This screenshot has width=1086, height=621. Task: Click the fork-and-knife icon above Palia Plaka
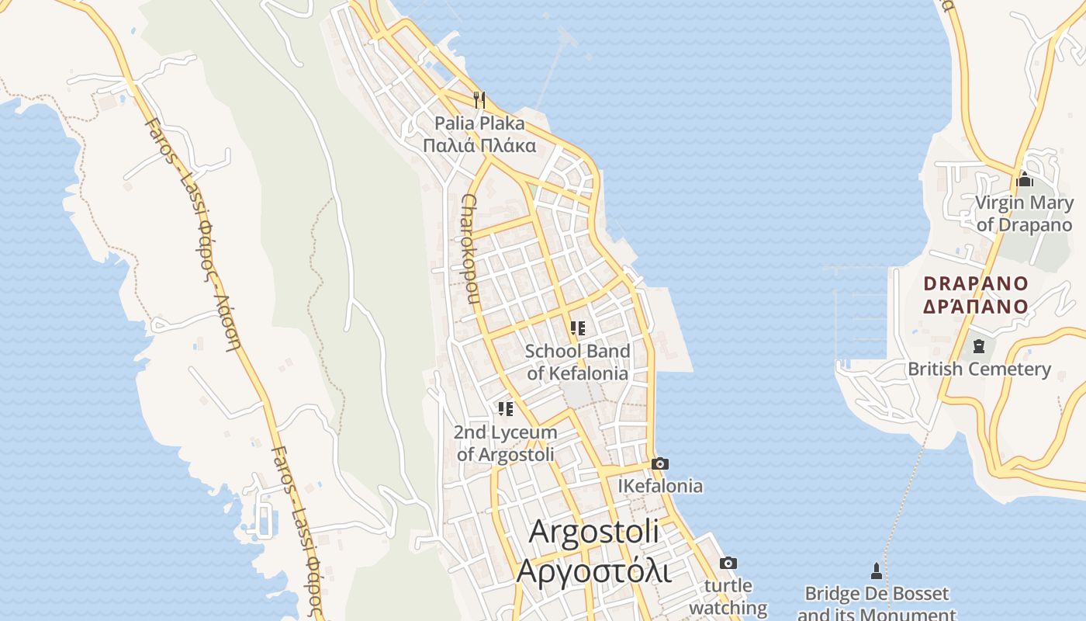click(x=479, y=99)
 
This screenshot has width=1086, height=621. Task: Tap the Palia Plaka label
click(x=479, y=123)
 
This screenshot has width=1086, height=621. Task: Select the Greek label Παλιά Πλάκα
click(x=479, y=145)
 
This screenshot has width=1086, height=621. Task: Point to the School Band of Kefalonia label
click(x=578, y=362)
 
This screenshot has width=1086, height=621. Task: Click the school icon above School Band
click(x=577, y=328)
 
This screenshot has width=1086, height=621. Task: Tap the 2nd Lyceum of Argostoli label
click(x=506, y=443)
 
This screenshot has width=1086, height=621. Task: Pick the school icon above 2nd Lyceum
click(x=506, y=409)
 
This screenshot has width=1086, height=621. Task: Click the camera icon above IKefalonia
click(x=660, y=463)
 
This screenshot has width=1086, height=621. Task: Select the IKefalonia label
click(x=660, y=486)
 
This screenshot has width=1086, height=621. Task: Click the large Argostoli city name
click(x=594, y=533)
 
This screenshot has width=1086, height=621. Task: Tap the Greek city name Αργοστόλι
click(x=593, y=570)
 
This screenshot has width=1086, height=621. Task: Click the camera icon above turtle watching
click(x=728, y=563)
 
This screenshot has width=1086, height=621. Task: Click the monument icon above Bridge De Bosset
click(x=877, y=571)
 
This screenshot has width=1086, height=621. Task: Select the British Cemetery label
click(x=979, y=369)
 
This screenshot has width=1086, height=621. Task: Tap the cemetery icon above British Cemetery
click(x=979, y=345)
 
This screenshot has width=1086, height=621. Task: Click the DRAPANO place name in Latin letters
click(x=976, y=283)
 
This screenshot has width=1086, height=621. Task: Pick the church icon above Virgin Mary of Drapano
click(x=1025, y=179)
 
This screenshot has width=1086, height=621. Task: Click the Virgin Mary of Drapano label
click(x=1024, y=213)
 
